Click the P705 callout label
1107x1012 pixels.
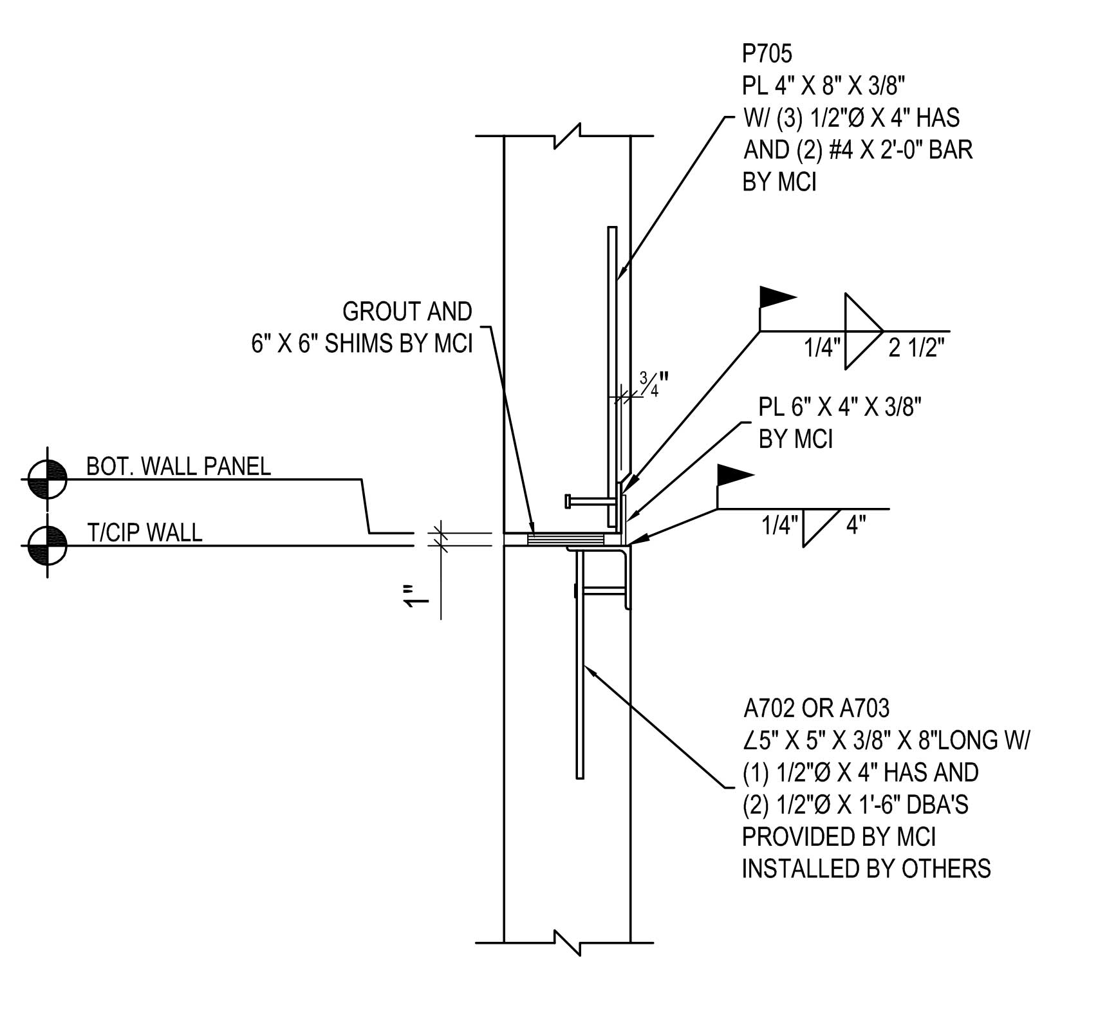point(767,54)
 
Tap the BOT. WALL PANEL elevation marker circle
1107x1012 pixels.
point(48,480)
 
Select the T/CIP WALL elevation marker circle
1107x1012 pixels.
point(48,545)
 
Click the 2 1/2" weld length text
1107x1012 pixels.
point(916,348)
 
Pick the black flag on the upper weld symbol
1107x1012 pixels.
point(777,297)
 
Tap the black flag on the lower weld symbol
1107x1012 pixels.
point(734,476)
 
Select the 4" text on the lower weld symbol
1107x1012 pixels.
point(855,526)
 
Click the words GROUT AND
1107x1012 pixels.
point(407,312)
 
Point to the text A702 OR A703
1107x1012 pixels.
point(816,709)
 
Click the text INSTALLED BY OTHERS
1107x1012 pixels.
point(866,869)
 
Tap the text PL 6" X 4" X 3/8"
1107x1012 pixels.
point(840,408)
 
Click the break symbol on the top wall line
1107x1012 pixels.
point(568,136)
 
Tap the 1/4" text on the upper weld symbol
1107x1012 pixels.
point(822,348)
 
